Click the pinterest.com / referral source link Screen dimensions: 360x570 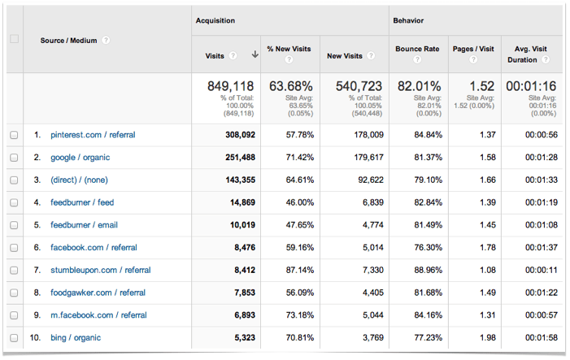[94, 135]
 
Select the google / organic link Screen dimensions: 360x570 [80, 158]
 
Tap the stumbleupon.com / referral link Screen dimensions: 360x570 [100, 270]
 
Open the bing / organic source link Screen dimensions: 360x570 [76, 337]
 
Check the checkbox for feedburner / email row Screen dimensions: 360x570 [14, 225]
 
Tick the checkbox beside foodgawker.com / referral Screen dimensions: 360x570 [14, 293]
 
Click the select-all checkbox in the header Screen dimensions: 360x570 [14, 39]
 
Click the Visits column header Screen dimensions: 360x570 [215, 55]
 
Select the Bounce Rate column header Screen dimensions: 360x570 [417, 49]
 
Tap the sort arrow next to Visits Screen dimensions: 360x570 [255, 55]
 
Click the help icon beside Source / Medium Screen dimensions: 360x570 [107, 40]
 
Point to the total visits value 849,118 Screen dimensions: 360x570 [230, 85]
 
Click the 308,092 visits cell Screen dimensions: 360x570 [237, 135]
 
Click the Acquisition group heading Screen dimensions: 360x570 [215, 20]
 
